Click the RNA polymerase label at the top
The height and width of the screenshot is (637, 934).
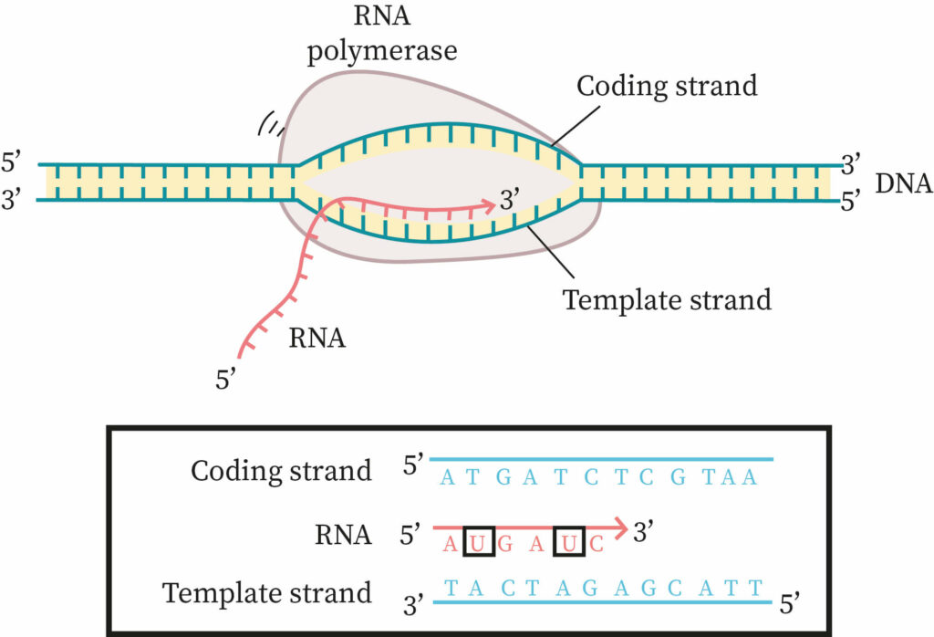[x=381, y=34]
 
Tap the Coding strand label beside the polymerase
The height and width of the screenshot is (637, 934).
[x=668, y=86]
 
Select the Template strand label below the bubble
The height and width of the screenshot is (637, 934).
[x=666, y=299]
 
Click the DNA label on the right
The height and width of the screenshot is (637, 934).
[x=903, y=183]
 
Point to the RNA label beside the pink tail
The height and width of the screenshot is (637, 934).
[x=317, y=338]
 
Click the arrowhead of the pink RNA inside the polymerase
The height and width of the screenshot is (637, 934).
[x=488, y=204]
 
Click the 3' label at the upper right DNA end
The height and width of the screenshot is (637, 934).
[x=852, y=165]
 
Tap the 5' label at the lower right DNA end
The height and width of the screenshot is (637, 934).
[x=852, y=200]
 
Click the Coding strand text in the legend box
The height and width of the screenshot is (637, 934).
[x=281, y=471]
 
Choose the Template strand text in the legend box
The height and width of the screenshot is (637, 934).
[x=266, y=592]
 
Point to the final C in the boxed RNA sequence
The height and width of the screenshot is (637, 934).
[x=596, y=545]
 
